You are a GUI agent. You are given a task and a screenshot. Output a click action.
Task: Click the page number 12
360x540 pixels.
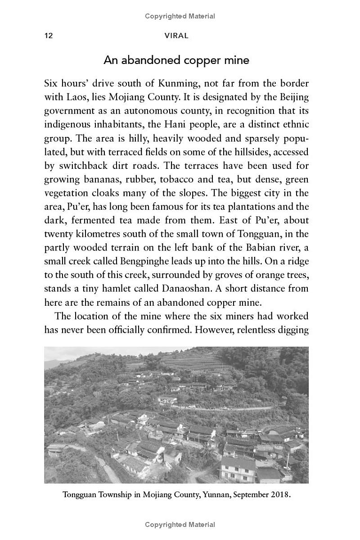point(49,36)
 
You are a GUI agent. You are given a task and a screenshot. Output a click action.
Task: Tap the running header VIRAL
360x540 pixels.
point(176,36)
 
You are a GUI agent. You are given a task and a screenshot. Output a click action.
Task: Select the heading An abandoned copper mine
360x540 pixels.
point(176,60)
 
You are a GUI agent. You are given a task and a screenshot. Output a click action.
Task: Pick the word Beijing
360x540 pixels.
point(292,97)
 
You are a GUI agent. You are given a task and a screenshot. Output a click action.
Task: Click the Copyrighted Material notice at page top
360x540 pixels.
point(180,17)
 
